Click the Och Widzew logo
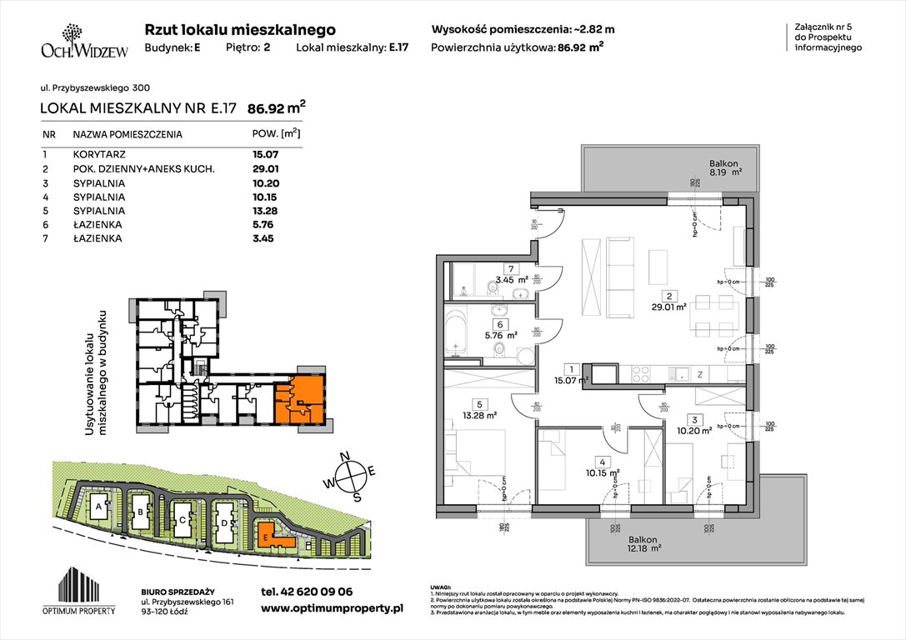(83, 42)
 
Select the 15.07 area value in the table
(265, 154)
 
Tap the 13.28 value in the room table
(265, 210)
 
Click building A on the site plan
(99, 507)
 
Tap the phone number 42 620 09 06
(306, 592)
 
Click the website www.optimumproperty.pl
(332, 609)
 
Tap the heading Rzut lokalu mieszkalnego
(240, 29)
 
